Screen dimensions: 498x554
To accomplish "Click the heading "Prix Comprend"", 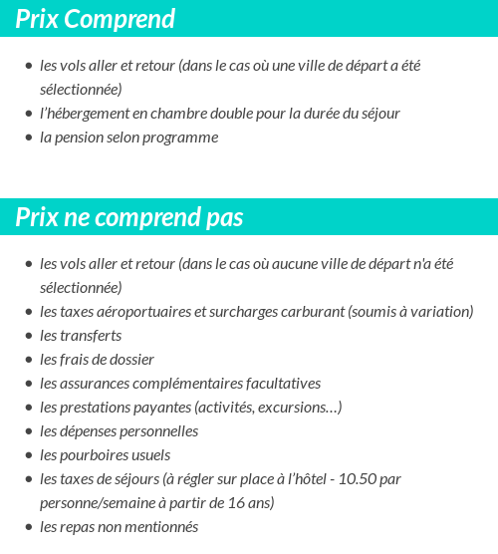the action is [x=96, y=19].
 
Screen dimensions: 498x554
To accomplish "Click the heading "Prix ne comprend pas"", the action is [x=129, y=217].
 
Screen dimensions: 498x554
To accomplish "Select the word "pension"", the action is [x=77, y=138].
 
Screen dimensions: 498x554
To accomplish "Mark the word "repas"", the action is [x=79, y=527].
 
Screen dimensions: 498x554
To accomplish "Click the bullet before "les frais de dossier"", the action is [x=29, y=361].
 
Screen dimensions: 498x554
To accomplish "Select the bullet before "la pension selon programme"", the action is [x=29, y=138].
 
